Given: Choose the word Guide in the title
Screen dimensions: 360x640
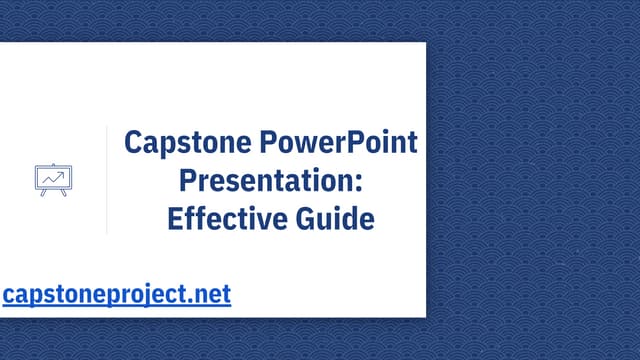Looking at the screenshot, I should click(335, 218).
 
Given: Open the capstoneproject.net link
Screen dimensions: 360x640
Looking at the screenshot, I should click(116, 295).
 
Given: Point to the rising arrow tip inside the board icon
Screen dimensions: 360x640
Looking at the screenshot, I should click(63, 173).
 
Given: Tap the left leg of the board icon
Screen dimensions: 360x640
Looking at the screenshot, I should click(44, 192).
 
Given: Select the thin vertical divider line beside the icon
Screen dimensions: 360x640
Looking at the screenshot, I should click(107, 180).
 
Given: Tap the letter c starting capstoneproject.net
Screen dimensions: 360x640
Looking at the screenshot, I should click(9, 296).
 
